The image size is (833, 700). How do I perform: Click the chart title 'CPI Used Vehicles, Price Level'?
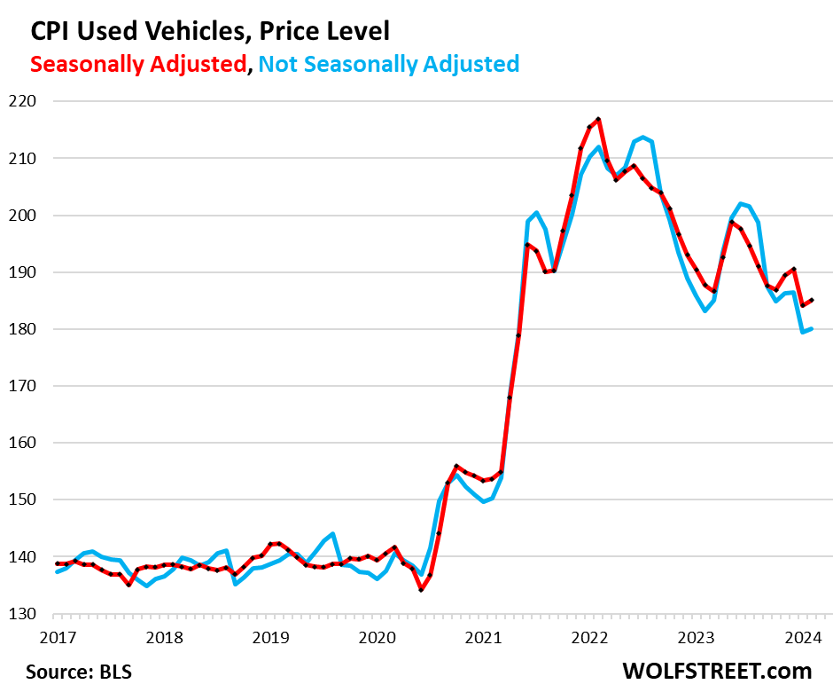point(210,31)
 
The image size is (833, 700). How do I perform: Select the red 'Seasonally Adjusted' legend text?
point(138,64)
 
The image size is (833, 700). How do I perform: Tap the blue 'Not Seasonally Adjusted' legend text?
point(390,64)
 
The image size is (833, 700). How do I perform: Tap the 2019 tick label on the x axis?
point(270,636)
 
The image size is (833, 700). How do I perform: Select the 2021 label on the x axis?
point(483,636)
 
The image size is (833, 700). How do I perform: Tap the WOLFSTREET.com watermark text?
point(717,671)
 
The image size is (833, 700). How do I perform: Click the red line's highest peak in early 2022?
point(599,119)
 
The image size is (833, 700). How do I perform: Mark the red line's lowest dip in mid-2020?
point(421,590)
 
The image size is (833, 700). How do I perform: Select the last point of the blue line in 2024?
point(812,329)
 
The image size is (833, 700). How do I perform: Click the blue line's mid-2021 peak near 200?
point(536,213)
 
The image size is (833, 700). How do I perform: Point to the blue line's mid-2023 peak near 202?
point(741,203)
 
